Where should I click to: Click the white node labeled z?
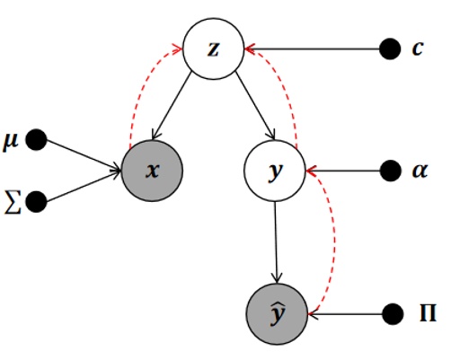tap(213, 48)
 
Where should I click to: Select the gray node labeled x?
tap(153, 169)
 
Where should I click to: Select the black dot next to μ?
tap(37, 140)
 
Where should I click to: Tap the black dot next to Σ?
tap(37, 202)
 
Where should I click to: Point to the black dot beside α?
tap(391, 169)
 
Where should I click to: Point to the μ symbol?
tap(13, 140)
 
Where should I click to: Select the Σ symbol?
tap(12, 202)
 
